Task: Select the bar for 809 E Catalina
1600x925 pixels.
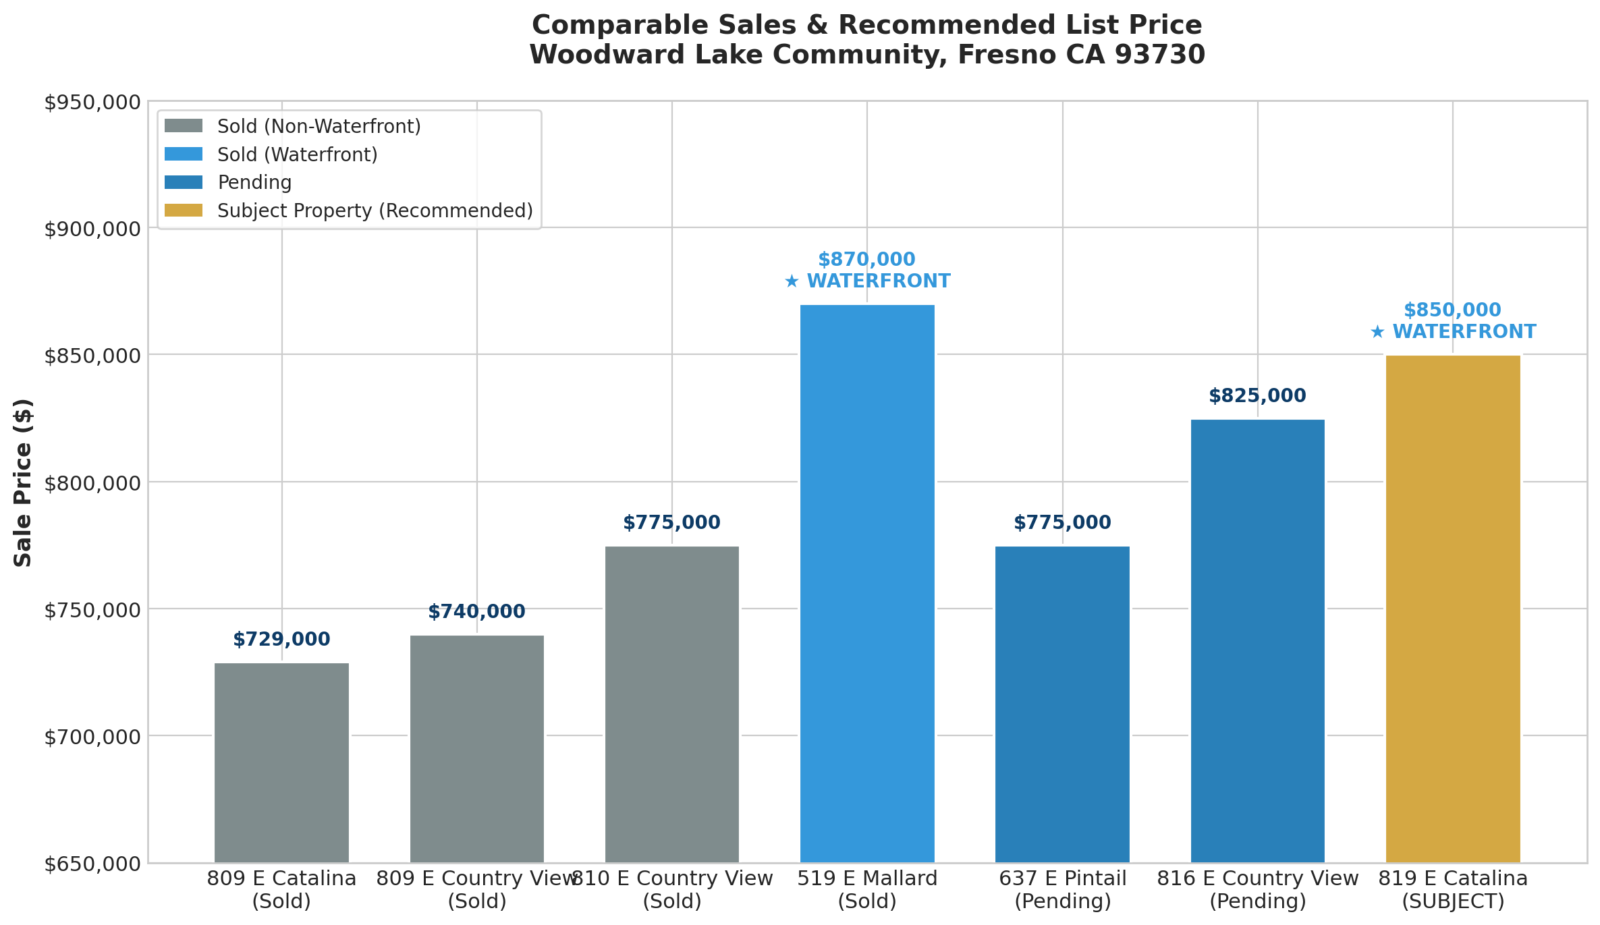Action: (281, 762)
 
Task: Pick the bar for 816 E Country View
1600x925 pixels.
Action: (1257, 641)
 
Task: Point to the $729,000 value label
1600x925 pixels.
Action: (281, 640)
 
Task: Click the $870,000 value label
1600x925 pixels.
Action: (866, 260)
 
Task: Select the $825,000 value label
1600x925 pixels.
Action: (1257, 396)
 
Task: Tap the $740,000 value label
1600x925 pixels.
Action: (476, 612)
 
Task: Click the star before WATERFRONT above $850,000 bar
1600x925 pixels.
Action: (1377, 333)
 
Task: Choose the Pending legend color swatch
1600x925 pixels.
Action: (184, 183)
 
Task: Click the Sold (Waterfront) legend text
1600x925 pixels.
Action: (297, 155)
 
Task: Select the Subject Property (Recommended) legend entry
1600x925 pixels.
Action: (375, 211)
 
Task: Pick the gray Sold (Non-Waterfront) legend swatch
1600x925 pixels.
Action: (184, 126)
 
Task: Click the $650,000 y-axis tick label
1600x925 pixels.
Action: (92, 864)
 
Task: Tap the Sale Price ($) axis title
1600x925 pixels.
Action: (23, 482)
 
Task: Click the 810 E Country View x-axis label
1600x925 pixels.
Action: (672, 879)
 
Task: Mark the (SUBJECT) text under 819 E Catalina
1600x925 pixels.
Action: (1452, 902)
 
